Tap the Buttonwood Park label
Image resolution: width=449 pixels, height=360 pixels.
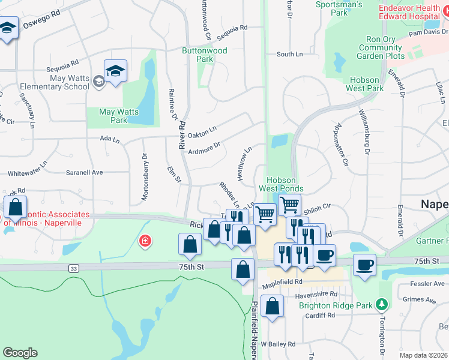coord(205,55)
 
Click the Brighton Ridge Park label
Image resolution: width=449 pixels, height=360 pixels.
coord(337,305)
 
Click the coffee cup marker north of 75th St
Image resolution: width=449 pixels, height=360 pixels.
coord(324,255)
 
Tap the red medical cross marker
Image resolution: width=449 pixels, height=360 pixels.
coord(144,241)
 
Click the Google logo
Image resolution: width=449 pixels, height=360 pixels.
coord(20,353)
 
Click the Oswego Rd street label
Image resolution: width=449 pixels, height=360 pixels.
coord(42,23)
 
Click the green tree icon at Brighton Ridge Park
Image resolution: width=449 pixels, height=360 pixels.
coord(381,305)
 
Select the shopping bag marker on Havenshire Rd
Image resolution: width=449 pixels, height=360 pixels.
coord(272,306)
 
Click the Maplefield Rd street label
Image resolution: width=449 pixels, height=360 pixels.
coord(280,281)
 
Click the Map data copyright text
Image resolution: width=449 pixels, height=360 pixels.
coord(423,355)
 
